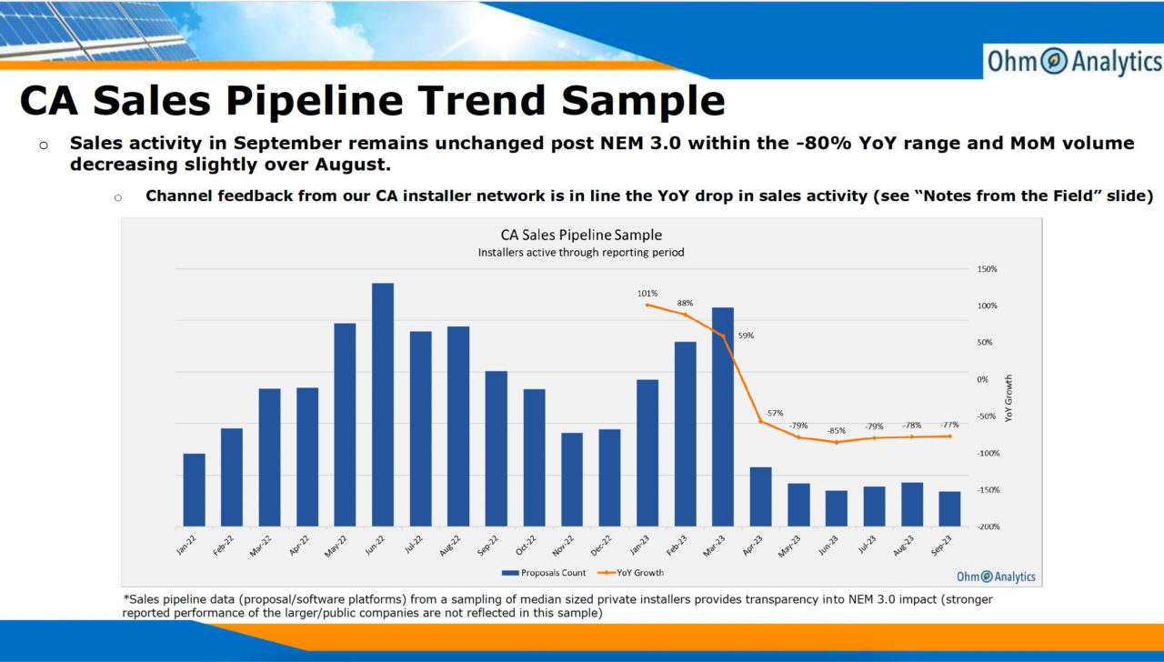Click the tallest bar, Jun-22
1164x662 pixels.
(x=383, y=405)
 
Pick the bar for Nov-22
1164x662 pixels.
(x=572, y=479)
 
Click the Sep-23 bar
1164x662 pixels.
(x=949, y=508)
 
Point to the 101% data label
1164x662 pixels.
(x=647, y=294)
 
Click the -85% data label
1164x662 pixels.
(x=836, y=430)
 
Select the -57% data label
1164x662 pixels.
(x=774, y=413)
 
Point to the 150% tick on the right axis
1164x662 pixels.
(x=988, y=269)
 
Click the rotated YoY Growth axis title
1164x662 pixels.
(x=1008, y=398)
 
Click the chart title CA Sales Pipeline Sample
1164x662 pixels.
(x=581, y=236)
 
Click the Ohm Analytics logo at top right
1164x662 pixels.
(x=1074, y=62)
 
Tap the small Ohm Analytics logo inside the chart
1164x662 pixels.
(x=996, y=577)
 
